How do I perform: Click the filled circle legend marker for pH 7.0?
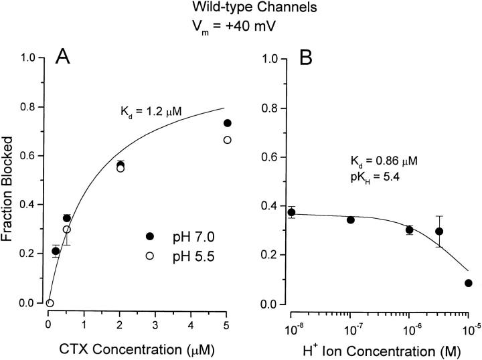coord(150,237)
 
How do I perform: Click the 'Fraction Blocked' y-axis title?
coord(11,180)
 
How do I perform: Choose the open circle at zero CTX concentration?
coord(49,303)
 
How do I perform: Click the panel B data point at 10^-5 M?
coord(468,283)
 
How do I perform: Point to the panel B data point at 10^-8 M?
coord(291,212)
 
